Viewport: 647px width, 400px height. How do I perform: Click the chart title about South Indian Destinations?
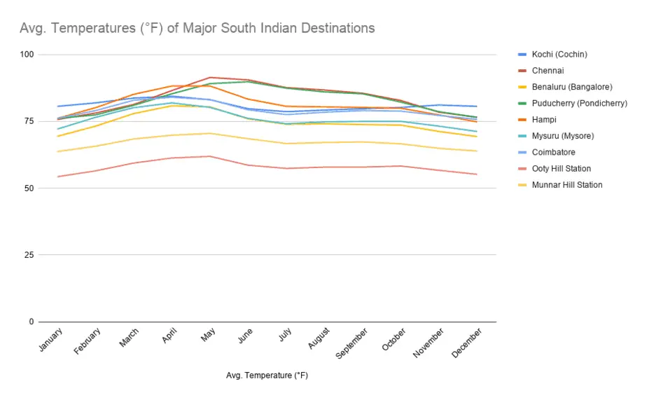point(197,28)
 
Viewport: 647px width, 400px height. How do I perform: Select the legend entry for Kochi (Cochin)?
point(559,55)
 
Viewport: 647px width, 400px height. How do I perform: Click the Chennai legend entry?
point(548,71)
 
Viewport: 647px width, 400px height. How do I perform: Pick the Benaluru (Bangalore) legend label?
point(571,87)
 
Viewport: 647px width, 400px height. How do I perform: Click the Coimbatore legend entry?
point(553,152)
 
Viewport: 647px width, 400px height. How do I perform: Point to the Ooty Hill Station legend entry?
point(561,169)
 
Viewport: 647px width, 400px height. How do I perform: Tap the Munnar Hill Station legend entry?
point(566,185)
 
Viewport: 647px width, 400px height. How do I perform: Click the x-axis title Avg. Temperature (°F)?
point(267,375)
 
